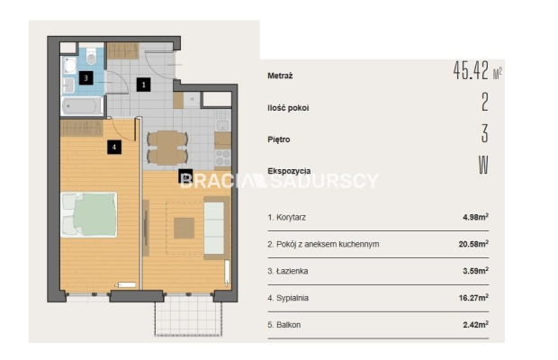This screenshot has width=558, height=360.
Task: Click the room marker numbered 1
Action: click(143, 85)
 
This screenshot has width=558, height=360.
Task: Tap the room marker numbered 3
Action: click(85, 78)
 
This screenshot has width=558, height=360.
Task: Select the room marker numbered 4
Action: click(114, 147)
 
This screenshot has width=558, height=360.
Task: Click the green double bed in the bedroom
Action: click(89, 214)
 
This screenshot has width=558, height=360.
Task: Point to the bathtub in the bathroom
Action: click(82, 106)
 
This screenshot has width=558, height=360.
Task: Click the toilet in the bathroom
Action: click(92, 56)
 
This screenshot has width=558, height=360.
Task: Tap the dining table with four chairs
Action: click(167, 148)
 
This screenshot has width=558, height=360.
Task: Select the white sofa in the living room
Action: click(213, 228)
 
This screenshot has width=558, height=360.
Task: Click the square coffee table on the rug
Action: click(184, 228)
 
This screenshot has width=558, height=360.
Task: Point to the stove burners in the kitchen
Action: click(223, 157)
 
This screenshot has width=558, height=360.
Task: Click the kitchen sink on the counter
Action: click(223, 125)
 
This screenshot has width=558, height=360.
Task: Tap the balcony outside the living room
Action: click(189, 319)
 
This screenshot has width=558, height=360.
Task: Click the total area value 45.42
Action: click(472, 70)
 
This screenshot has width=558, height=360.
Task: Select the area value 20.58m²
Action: click(473, 244)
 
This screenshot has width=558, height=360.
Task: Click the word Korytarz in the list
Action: click(291, 218)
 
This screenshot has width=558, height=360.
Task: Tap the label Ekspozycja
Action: click(289, 171)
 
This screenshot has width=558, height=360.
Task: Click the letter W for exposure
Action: click(483, 165)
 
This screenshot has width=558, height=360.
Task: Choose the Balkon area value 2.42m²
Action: click(475, 324)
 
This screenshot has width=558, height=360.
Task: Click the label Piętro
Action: click(279, 139)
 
